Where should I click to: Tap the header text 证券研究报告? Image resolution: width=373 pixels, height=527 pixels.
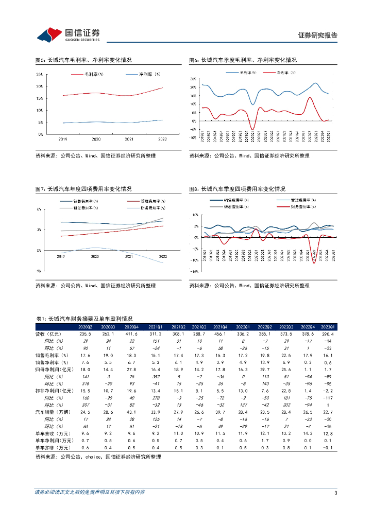318,36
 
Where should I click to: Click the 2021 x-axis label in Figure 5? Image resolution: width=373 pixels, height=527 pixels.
129,139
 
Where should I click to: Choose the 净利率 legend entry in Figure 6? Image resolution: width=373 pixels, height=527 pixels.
285,73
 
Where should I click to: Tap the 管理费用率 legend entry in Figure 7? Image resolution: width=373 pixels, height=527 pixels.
149,200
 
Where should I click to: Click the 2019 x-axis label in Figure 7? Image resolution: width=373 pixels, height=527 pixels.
61,256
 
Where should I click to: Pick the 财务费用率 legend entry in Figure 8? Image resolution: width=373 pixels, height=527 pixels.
302,206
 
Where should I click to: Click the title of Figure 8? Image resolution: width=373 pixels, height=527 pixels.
237,189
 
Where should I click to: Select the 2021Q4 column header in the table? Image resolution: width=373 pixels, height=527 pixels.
220,327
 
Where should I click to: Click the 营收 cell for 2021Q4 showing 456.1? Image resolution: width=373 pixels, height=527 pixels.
220,334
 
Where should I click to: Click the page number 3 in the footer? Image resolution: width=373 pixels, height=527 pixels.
335,493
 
